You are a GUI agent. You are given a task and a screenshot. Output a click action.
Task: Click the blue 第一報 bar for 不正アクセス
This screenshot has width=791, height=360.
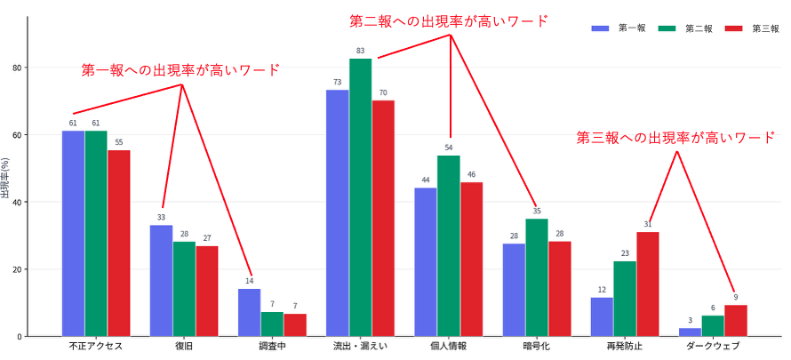[73, 233]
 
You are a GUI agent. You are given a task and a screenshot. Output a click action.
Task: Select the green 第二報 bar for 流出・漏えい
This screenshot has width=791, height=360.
[360, 196]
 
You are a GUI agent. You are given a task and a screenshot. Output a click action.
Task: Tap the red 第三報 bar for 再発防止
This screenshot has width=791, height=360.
[647, 284]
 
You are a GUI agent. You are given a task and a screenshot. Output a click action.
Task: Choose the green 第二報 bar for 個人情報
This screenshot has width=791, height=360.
[448, 245]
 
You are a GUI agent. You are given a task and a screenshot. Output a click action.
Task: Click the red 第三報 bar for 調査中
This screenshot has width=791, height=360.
[295, 324]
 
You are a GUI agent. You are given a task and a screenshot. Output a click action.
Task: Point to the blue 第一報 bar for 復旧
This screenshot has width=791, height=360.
[161, 280]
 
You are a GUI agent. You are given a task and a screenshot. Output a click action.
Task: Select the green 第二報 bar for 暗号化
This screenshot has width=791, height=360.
[536, 277]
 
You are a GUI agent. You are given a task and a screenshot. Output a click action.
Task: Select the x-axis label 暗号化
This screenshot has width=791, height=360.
[536, 346]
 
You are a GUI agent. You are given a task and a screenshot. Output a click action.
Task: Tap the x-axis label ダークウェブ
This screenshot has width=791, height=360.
[713, 346]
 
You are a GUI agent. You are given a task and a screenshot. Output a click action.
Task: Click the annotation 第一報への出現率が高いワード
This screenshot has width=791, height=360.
[180, 69]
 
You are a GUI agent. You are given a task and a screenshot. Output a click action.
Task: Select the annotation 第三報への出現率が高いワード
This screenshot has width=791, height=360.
[675, 138]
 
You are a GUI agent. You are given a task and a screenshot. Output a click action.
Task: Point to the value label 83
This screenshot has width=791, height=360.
[360, 51]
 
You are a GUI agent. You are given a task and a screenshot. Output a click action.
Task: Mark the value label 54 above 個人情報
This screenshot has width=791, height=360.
[449, 148]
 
